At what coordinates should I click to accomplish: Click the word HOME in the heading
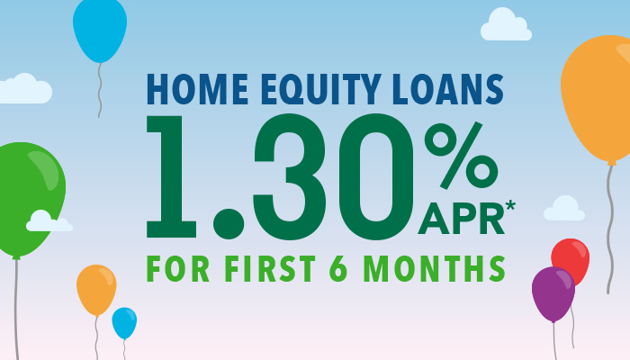[197, 89]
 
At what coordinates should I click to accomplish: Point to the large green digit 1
[172, 176]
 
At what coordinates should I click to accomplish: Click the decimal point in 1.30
[229, 224]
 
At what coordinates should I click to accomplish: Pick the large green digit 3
[289, 176]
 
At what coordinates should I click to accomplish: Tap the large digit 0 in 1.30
[376, 176]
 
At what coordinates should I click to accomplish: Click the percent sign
[461, 155]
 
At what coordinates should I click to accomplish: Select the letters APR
[461, 220]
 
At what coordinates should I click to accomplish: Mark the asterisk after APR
[510, 206]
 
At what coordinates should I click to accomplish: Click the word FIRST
[270, 269]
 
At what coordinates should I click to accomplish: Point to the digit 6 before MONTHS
[337, 269]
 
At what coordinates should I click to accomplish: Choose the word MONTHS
[434, 269]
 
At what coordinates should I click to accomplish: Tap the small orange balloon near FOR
[96, 290]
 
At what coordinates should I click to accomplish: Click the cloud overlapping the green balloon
[49, 221]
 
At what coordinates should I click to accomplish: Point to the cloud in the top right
[506, 25]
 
